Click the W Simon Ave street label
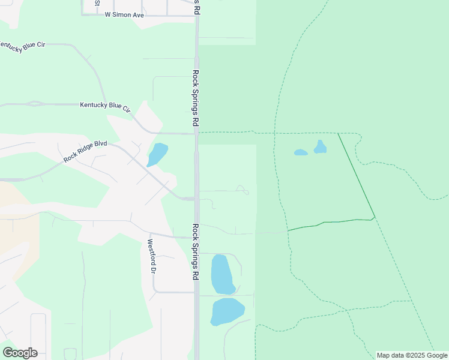[x=124, y=14]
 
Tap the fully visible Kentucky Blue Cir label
[x=105, y=106]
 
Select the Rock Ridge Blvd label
[x=85, y=151]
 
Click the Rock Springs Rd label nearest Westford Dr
[x=196, y=252]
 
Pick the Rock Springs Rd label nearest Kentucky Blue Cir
[x=196, y=97]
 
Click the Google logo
[x=20, y=353]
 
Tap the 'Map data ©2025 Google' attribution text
[x=412, y=355]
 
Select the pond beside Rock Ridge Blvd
[x=157, y=154]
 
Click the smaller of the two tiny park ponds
[x=301, y=152]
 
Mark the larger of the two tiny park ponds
[x=320, y=147]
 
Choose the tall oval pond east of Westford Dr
[x=222, y=274]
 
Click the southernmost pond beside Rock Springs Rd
[x=227, y=311]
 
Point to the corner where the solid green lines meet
[x=375, y=217]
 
